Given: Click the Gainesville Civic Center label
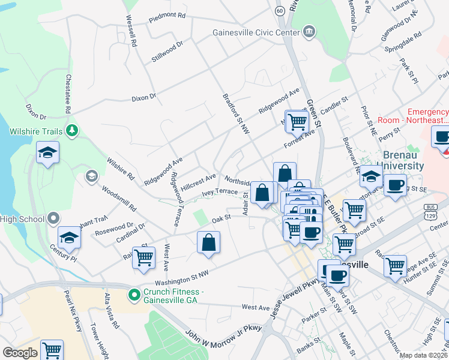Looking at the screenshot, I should point(255,32).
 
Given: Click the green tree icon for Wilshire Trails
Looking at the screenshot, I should point(72,130).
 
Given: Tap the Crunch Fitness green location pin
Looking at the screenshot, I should point(134,295).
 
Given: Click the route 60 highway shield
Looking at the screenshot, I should point(280,11).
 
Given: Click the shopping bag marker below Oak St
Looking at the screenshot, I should point(208,243).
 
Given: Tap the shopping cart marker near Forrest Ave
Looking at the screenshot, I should point(297,122).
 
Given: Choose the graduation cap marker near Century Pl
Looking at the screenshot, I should point(69,238).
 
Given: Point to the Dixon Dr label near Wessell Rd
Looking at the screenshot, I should point(144,96).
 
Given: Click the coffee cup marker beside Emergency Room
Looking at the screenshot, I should point(442,137).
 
